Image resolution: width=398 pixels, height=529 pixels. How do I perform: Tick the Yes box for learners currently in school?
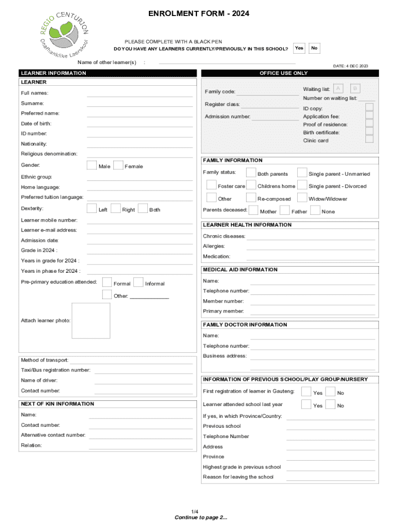pos(299,48)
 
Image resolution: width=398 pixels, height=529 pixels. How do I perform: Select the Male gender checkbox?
pos(91,165)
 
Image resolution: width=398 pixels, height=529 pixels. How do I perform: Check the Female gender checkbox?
pos(118,165)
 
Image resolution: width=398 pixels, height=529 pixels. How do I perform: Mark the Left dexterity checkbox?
pos(91,209)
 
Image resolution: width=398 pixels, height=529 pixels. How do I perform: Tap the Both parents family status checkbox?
pos(251,173)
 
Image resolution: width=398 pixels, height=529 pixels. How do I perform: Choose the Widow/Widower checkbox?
pos(302,197)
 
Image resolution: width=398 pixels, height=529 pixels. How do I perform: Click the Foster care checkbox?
pos(211,185)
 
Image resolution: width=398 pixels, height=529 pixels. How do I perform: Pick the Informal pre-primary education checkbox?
pos(138,282)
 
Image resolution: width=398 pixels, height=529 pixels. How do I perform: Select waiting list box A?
pos(338,89)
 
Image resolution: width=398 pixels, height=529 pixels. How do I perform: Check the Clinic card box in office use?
pos(369,139)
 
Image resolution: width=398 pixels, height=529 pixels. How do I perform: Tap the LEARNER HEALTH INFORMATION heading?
pos(247,225)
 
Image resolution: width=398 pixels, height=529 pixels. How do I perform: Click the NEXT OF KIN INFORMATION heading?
pos(57,404)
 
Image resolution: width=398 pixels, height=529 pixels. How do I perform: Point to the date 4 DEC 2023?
pos(350,66)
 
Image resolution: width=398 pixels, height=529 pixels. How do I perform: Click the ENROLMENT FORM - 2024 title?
pos(199,14)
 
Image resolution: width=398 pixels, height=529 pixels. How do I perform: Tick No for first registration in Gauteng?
pos(331,392)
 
